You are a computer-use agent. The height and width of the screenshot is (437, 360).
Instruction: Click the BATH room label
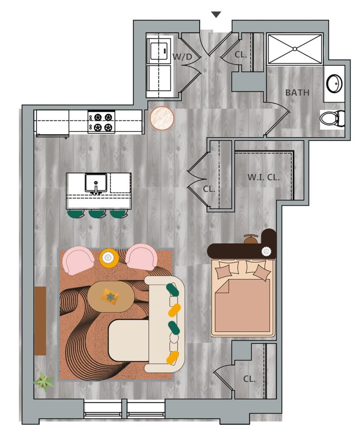coord(297,93)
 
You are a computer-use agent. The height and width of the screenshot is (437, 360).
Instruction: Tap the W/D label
coord(182,57)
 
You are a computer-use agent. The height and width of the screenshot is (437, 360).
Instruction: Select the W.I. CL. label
coord(264,177)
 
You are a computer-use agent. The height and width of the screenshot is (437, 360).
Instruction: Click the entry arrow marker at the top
coord(216,15)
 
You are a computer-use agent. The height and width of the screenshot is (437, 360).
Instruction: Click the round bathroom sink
coord(334,84)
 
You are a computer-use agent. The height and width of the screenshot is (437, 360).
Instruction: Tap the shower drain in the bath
coord(295,49)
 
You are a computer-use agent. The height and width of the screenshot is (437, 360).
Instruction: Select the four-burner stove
coord(102,122)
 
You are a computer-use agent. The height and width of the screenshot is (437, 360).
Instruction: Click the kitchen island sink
coord(96,183)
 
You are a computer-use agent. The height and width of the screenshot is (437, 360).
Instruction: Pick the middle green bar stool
coord(97,214)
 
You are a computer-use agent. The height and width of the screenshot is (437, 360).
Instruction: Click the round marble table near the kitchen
coord(162,118)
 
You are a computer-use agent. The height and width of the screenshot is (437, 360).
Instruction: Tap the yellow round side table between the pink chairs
coord(109,258)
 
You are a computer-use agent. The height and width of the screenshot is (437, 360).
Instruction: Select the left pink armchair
coord(78,260)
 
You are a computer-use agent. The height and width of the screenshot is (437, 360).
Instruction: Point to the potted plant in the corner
coord(43,381)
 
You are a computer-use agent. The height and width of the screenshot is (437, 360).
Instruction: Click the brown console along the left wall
coord(40,320)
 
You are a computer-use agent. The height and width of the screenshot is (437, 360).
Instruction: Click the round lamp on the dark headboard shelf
coord(266,251)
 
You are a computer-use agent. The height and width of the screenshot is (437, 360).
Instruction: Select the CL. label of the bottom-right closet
coord(249,379)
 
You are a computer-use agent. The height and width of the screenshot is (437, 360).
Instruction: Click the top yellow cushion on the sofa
coord(174,310)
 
